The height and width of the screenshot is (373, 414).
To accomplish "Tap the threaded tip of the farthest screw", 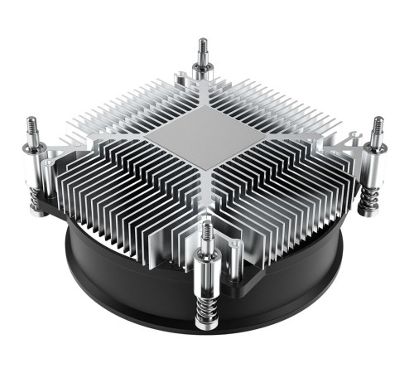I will tap(200, 47).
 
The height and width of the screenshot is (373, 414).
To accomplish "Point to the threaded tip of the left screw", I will tap(32, 128).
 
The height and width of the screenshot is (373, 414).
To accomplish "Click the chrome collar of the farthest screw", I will tap(200, 70).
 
